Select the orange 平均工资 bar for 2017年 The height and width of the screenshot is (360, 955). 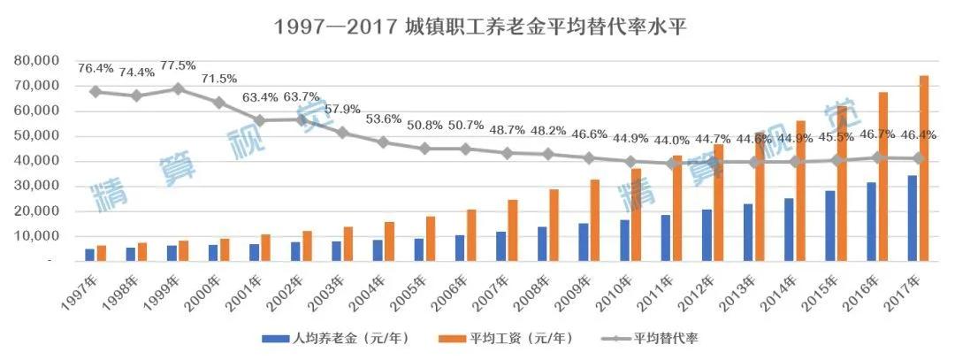pos(924,168)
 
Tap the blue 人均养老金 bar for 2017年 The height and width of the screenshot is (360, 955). pos(912,218)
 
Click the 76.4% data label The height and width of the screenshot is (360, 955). pos(95,67)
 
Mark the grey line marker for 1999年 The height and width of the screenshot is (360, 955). pos(178,88)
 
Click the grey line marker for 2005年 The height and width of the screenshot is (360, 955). pos(424,149)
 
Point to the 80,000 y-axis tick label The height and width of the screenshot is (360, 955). pos(36,61)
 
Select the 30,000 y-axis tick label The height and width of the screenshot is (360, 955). pos(36,187)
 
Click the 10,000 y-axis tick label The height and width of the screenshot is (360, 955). pos(36,237)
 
